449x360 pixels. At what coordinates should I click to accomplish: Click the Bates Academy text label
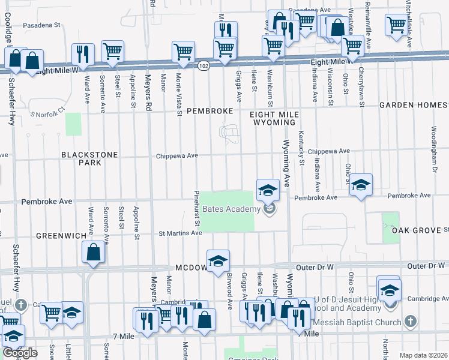[231, 209]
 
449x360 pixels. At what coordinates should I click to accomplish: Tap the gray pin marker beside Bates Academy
[270, 209]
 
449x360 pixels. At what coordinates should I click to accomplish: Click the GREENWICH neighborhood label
[61, 236]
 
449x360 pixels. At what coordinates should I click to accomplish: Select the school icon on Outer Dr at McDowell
[218, 260]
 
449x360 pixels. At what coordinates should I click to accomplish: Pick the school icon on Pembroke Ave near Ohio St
[361, 184]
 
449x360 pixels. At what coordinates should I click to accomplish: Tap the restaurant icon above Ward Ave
[83, 54]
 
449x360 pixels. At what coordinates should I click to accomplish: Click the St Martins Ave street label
[179, 233]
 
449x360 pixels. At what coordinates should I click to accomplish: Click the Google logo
[20, 353]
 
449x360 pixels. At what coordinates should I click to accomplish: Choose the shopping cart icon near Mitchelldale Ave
[397, 25]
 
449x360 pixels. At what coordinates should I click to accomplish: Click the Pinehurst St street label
[197, 210]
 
